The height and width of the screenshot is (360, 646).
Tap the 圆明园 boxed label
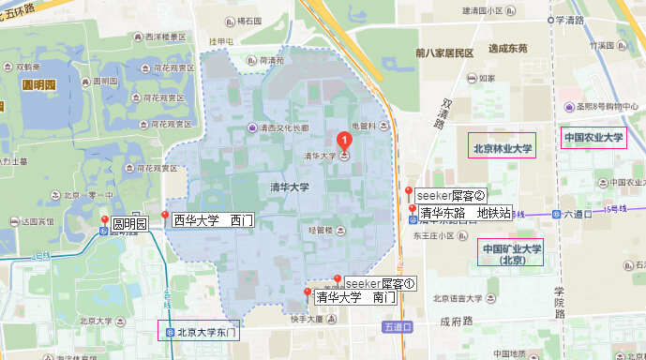tap(130, 224)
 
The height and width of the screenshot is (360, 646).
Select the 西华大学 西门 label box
tap(213, 221)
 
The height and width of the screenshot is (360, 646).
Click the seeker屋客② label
tap(452, 196)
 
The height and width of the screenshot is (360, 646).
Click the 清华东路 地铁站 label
tap(465, 213)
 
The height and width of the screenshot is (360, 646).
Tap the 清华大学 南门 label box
tap(354, 298)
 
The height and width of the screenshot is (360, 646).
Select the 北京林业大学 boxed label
tap(502, 148)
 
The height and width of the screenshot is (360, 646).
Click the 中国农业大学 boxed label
tap(593, 139)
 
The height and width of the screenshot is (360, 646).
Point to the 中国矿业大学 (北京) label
tap(512, 254)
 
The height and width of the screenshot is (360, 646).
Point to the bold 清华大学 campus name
tap(289, 187)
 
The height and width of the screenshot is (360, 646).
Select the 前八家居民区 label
tap(445, 52)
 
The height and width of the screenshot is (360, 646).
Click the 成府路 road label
tap(457, 321)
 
